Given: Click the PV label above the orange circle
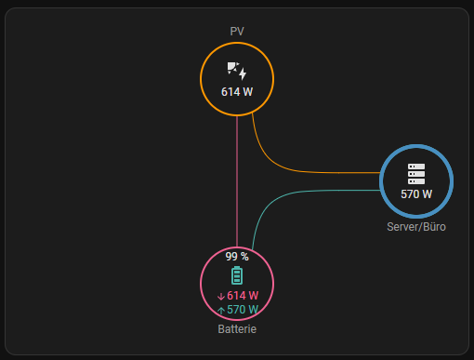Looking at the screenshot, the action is (237, 32).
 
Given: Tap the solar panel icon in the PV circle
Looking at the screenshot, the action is (237, 72).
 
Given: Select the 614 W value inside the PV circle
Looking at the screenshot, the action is (237, 92).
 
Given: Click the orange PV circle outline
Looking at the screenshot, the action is (201, 79).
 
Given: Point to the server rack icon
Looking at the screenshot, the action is (416, 174).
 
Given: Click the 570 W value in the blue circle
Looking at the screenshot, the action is (416, 194).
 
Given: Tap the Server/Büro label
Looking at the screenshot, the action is (416, 227).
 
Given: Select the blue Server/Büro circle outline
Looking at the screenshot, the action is (381, 181).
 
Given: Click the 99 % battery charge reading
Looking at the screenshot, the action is (237, 257).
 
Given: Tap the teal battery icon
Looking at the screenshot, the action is (237, 275).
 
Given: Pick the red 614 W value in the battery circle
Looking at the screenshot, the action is (243, 296).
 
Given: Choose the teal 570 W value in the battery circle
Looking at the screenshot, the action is (243, 310).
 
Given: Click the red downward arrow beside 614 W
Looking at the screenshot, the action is (221, 297).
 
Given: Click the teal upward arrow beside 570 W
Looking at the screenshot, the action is (221, 311).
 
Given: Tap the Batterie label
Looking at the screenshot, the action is (237, 329).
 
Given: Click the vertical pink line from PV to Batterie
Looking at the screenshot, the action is (237, 181).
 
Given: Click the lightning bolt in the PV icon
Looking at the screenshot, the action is (243, 73).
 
